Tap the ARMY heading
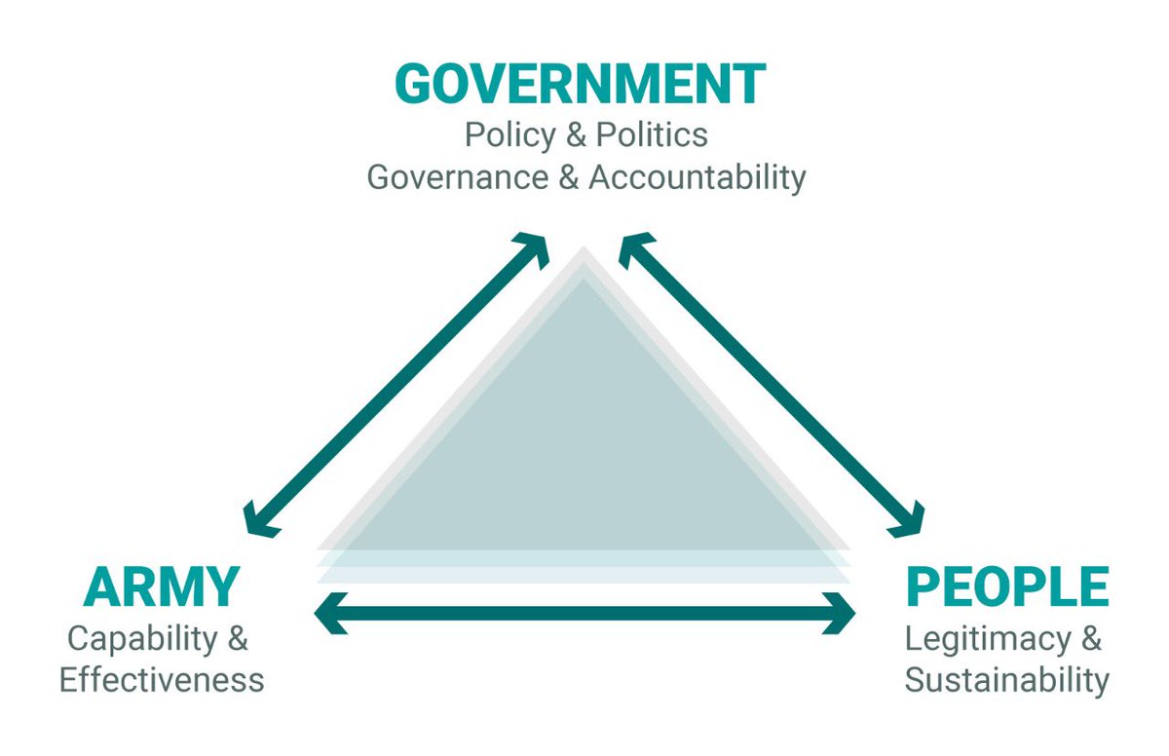point(161,586)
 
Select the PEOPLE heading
point(1007,586)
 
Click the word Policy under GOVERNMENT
point(509,135)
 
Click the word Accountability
point(697,178)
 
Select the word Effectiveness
point(162,679)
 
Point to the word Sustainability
point(1006,679)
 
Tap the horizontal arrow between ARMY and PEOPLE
point(584,614)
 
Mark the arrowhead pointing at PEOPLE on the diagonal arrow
point(910,520)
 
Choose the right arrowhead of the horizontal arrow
point(839,614)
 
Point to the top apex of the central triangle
point(584,251)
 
